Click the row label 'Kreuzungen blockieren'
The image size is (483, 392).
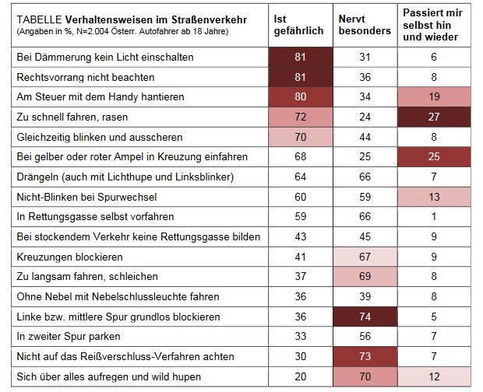coord(67,256)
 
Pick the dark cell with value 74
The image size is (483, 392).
coord(364,316)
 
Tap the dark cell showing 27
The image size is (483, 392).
coord(434,117)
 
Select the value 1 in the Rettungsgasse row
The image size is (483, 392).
coord(434,216)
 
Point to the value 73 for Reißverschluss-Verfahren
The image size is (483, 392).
coord(364,355)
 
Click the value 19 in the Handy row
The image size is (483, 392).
coord(434,97)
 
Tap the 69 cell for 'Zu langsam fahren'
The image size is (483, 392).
coord(364,276)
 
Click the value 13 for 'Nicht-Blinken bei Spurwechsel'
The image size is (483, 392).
coord(434,197)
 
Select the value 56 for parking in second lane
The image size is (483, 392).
coord(364,336)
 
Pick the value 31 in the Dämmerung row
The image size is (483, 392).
coord(364,58)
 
